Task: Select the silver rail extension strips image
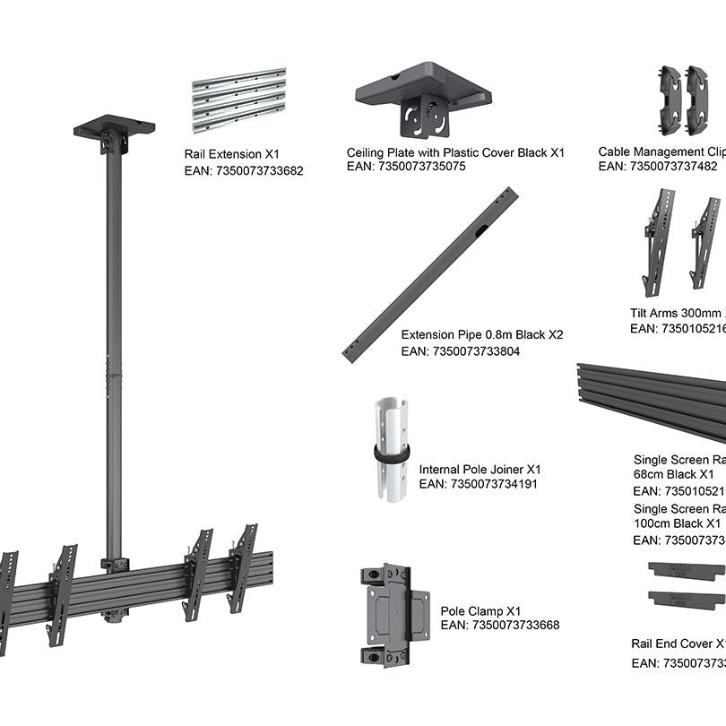[x=238, y=99]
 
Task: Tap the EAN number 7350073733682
[x=244, y=170]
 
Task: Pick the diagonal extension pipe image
[x=430, y=274]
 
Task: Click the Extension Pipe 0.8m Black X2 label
[x=482, y=334]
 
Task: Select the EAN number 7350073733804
[x=461, y=351]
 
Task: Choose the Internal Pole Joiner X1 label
[x=480, y=469]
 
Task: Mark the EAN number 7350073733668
[x=500, y=625]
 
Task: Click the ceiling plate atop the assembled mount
[x=114, y=127]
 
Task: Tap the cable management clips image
[x=684, y=93]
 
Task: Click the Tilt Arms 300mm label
[x=677, y=313]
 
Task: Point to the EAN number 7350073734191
[x=479, y=484]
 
